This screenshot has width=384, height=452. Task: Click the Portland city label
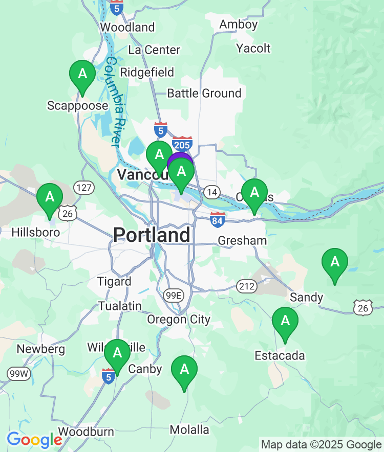click(152, 235)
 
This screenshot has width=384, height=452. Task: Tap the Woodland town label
click(127, 27)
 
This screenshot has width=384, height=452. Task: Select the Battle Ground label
click(204, 93)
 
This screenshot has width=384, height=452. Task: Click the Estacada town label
click(281, 355)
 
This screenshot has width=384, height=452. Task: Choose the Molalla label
click(189, 430)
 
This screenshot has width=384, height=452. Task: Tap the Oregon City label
click(179, 320)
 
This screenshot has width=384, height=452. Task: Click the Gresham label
click(242, 240)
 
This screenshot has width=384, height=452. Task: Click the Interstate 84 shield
click(218, 220)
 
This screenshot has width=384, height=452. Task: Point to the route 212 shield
click(247, 286)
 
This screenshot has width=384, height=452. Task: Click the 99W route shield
click(19, 374)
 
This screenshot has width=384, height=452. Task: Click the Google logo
click(34, 439)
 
